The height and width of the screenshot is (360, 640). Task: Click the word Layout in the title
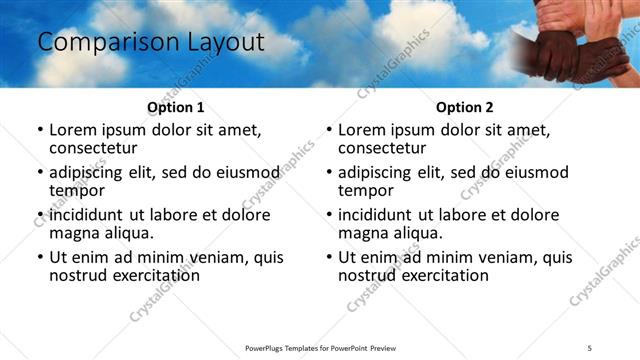(222, 43)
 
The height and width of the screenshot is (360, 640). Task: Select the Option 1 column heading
(175, 107)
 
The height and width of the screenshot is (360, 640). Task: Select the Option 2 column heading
(464, 107)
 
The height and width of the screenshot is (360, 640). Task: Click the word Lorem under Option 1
(76, 129)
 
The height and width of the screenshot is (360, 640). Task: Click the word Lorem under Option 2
(365, 129)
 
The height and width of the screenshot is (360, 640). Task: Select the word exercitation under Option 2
(441, 275)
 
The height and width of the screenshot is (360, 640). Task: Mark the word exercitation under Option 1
(152, 275)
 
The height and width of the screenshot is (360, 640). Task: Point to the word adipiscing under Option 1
(88, 172)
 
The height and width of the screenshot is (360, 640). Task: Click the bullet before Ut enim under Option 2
(329, 257)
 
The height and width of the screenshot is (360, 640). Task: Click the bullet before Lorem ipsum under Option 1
(40, 129)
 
